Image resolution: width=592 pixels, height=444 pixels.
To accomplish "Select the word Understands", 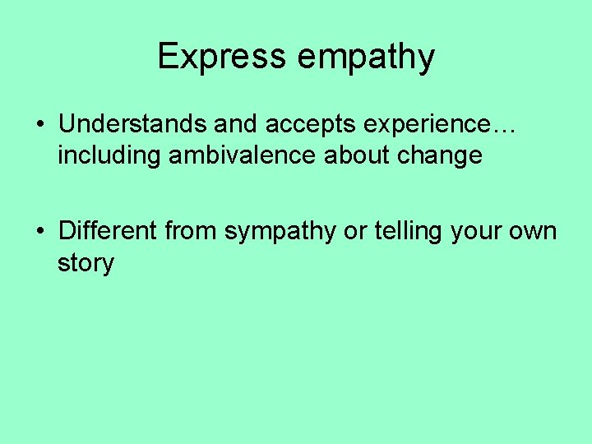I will pos(133,124).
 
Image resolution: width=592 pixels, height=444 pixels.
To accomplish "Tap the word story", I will pos(86,264).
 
